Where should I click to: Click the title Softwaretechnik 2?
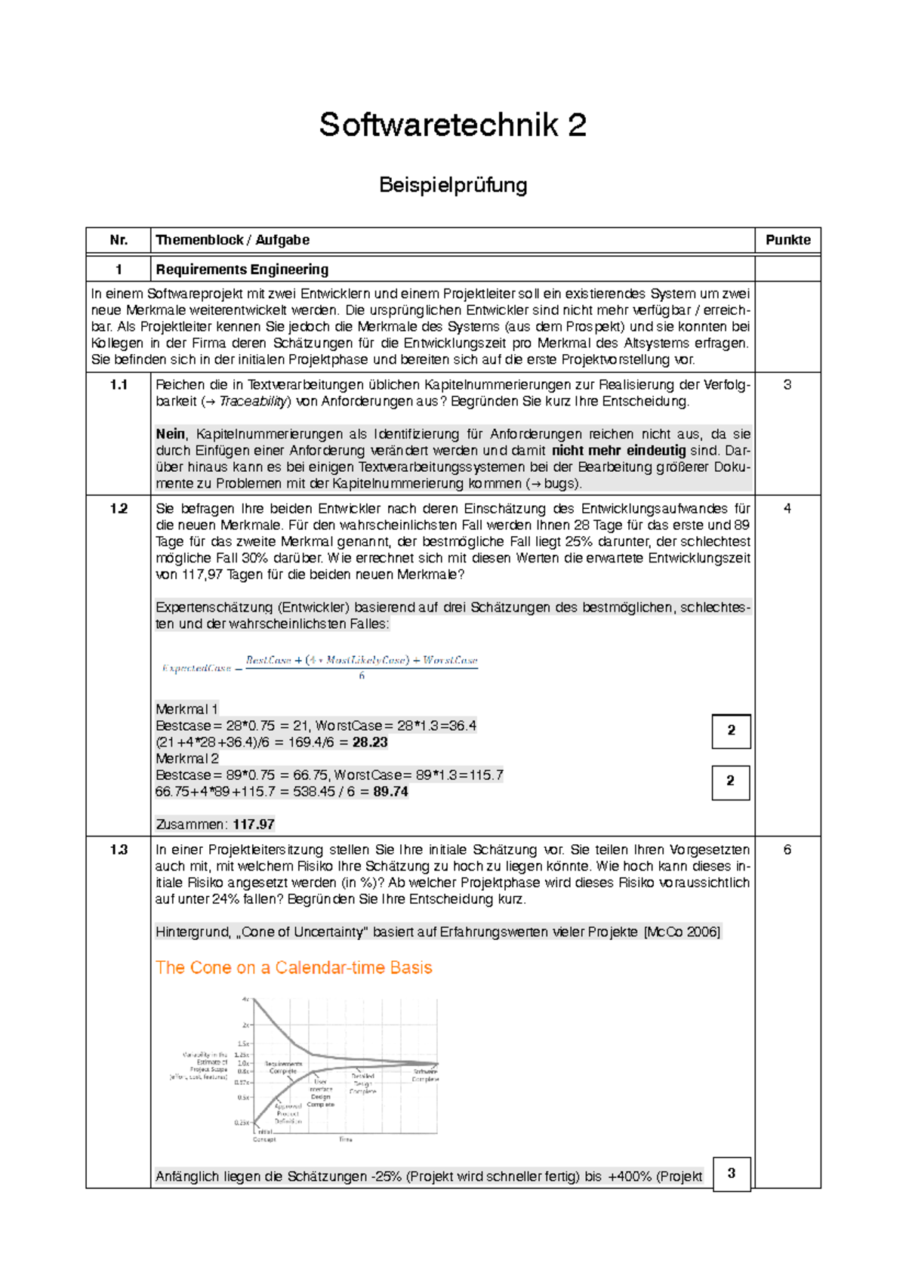click(452, 125)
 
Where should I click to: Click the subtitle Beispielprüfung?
click(452, 185)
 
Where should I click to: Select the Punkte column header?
click(787, 240)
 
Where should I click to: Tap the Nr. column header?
click(119, 240)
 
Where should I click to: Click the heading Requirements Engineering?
click(242, 270)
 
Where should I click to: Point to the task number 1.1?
click(119, 385)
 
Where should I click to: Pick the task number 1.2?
click(119, 509)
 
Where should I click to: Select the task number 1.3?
click(119, 850)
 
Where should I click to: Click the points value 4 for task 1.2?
click(787, 509)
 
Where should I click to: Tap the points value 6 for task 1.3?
click(787, 850)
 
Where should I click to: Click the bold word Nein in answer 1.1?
click(170, 434)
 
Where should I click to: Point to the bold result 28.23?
click(370, 742)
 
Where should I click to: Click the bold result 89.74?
click(390, 792)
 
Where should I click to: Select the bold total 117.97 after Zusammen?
click(254, 824)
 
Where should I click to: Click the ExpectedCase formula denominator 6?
click(362, 676)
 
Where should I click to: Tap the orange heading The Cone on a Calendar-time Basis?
click(294, 968)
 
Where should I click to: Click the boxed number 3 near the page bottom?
click(731, 1173)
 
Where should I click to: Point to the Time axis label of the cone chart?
click(345, 1139)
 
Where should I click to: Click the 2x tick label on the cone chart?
click(245, 1025)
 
